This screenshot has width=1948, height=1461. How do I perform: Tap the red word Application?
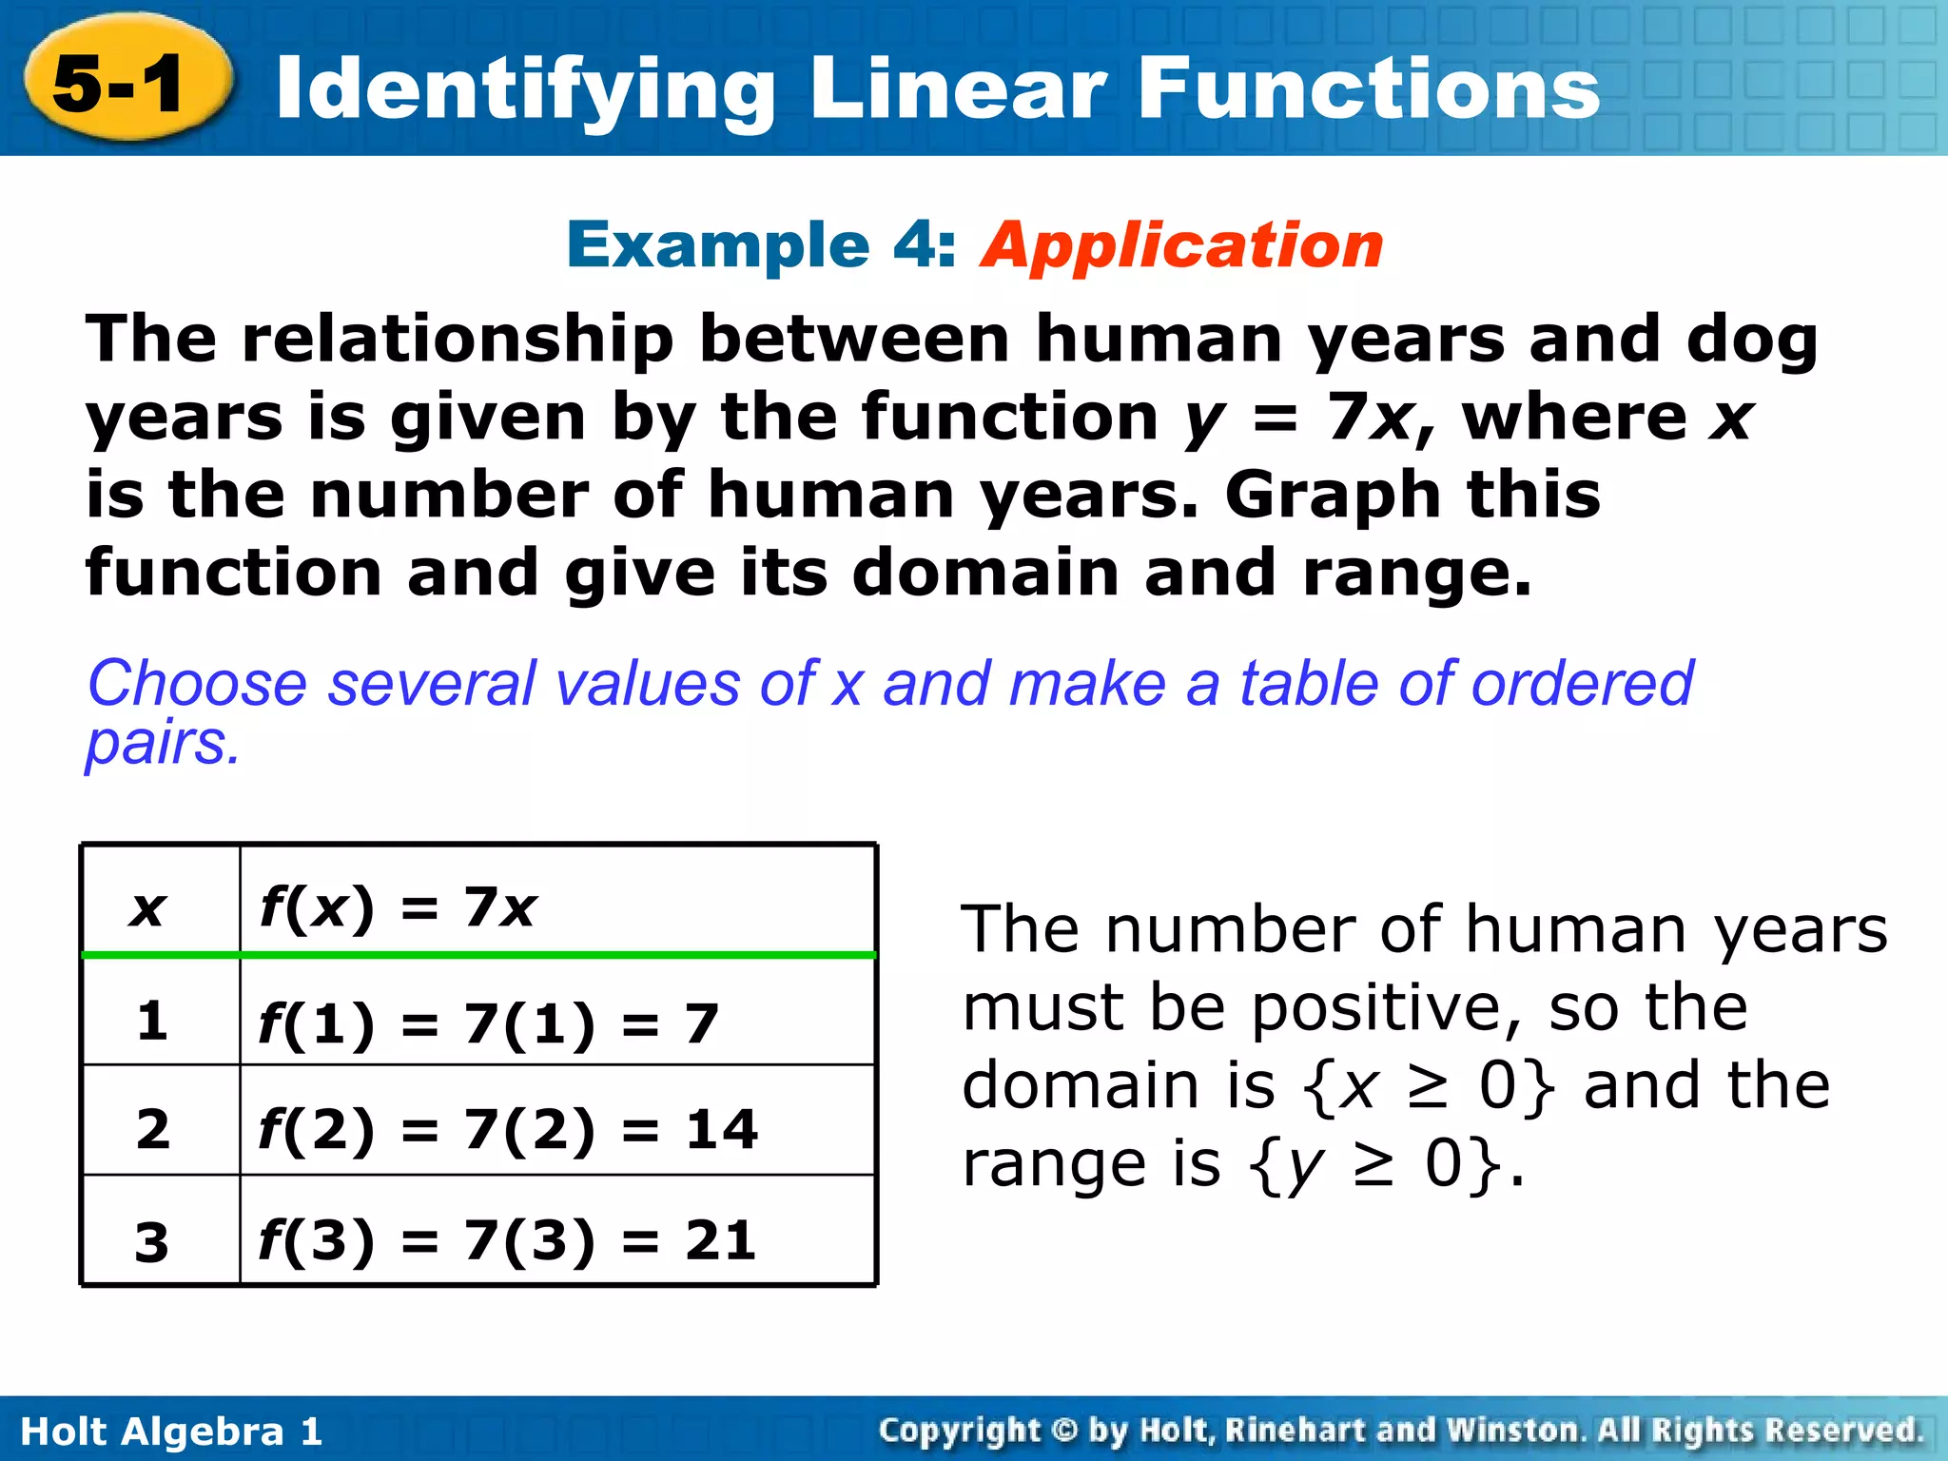click(x=1181, y=245)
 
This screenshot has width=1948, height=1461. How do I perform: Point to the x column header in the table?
click(x=149, y=908)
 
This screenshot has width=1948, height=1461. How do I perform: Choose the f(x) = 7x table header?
click(x=399, y=907)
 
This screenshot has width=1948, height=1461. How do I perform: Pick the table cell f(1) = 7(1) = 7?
click(x=488, y=1023)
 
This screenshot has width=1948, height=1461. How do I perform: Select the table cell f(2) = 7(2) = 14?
click(x=508, y=1130)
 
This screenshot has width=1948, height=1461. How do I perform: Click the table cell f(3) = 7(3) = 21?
click(x=507, y=1240)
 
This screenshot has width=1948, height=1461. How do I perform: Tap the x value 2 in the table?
click(x=153, y=1130)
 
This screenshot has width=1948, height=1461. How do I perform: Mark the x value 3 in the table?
click(x=152, y=1242)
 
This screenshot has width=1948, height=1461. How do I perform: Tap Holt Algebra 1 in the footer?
click(x=171, y=1432)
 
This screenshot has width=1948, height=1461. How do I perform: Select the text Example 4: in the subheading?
click(x=762, y=245)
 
